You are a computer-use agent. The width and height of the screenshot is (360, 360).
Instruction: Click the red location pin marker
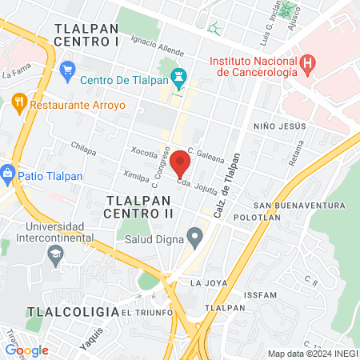coord(180,163)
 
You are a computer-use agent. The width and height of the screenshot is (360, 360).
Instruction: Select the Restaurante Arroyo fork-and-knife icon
coord(19,102)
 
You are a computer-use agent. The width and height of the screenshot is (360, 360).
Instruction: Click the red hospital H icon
coord(307,62)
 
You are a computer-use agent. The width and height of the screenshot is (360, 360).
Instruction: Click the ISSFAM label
coord(262,295)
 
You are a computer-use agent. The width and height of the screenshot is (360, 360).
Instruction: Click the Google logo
coord(27,350)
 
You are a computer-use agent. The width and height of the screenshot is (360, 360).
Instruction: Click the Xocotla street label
coord(145,151)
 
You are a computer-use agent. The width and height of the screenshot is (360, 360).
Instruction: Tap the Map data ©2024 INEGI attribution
coord(311,354)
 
